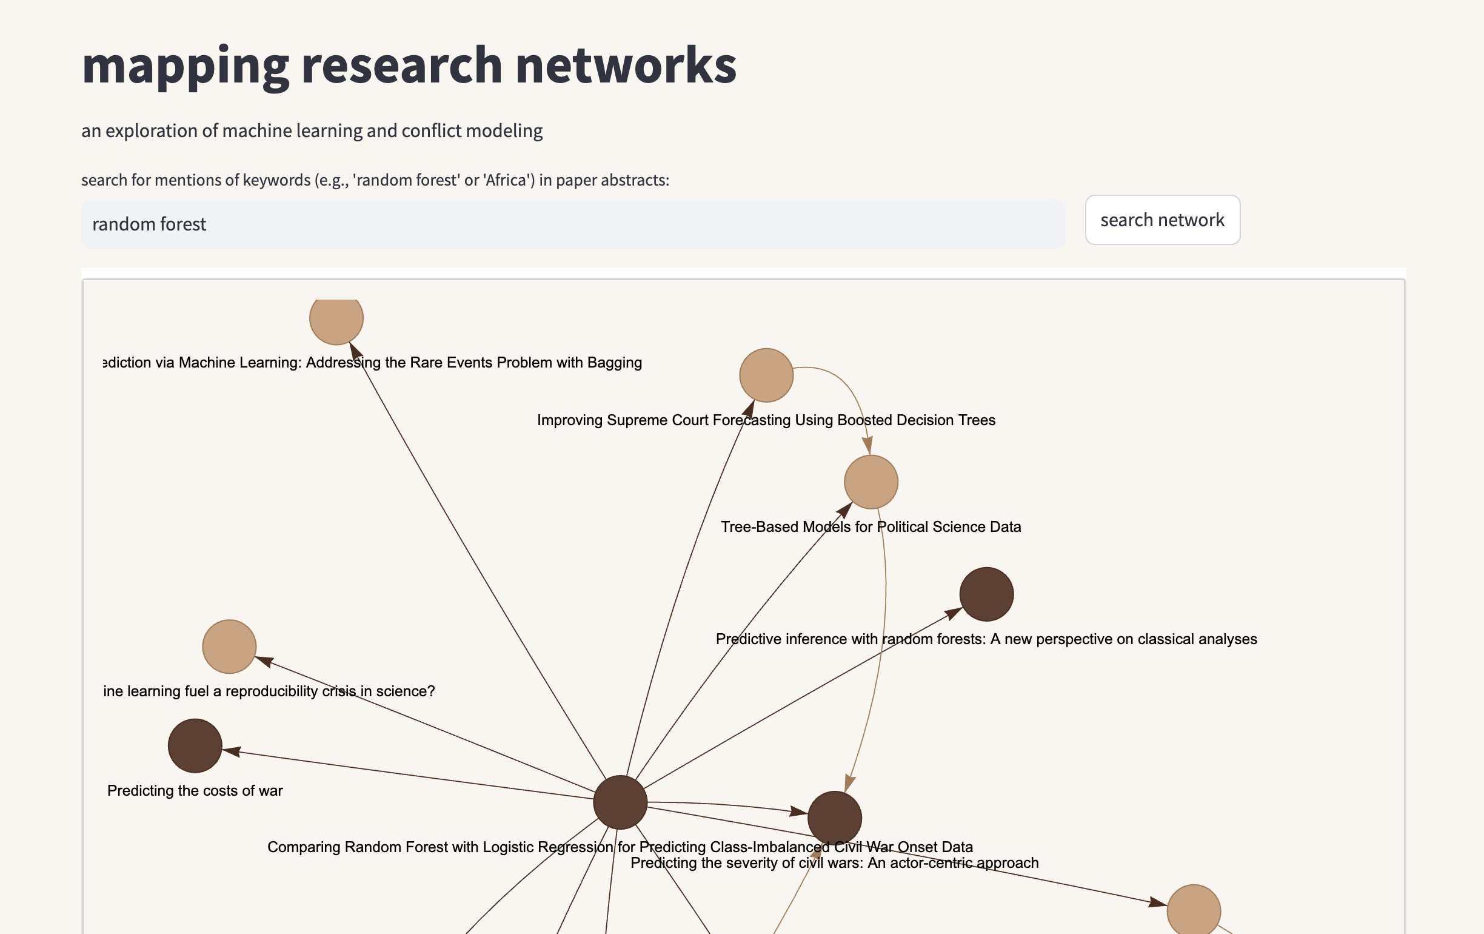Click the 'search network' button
click(x=1161, y=220)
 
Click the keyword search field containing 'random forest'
click(x=572, y=224)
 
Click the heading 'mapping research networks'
click(x=409, y=66)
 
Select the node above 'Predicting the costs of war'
click(x=195, y=745)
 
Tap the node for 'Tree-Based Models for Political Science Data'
click(x=870, y=482)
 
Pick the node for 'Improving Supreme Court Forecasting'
click(x=766, y=375)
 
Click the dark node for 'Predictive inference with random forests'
click(x=986, y=594)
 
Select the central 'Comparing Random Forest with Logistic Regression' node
click(x=620, y=802)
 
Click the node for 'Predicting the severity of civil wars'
click(x=834, y=818)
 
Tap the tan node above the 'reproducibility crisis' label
click(x=229, y=646)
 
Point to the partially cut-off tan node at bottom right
click(x=1194, y=910)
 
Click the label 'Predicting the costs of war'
click(x=195, y=790)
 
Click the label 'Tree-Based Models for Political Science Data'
click(x=870, y=526)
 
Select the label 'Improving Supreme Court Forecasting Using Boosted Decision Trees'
click(x=766, y=420)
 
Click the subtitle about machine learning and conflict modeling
click(x=312, y=130)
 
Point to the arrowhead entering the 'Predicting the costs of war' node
click(x=232, y=751)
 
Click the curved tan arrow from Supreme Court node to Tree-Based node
click(x=847, y=385)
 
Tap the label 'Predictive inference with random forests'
click(x=986, y=639)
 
